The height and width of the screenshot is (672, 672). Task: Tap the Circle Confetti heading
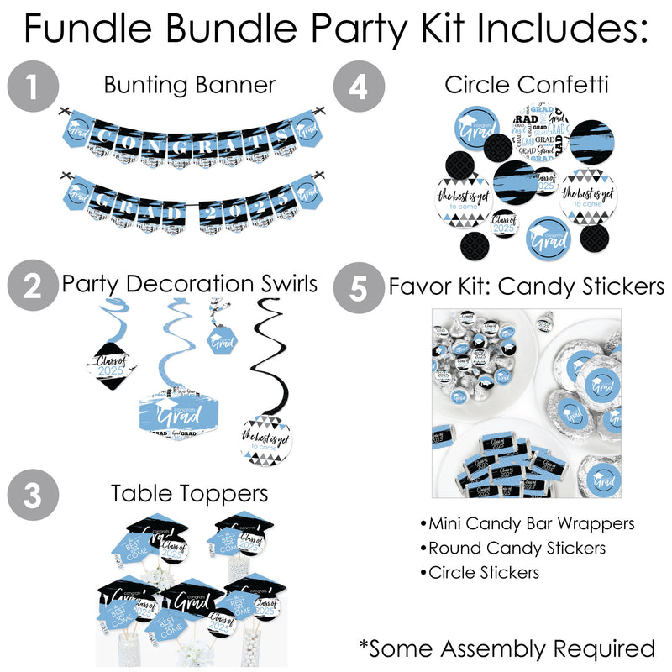[515, 85]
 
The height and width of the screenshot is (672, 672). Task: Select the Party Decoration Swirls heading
[191, 284]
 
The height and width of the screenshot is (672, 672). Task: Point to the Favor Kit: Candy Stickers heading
[527, 287]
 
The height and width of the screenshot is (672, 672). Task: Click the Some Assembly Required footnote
[507, 648]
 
